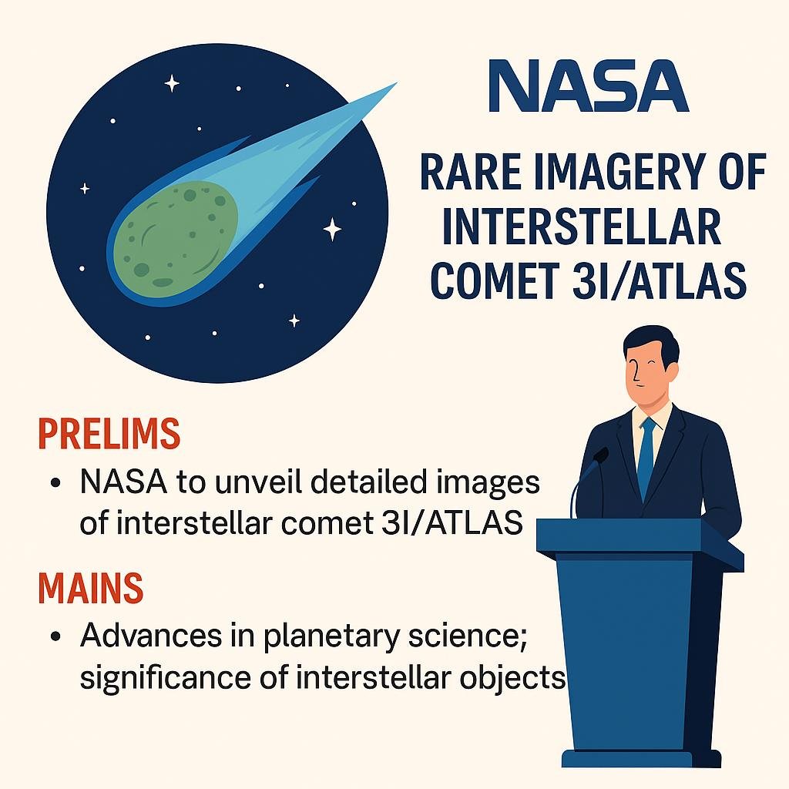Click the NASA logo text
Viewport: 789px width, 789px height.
point(588,85)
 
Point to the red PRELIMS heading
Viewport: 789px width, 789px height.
point(109,433)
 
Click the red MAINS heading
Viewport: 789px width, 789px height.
point(91,587)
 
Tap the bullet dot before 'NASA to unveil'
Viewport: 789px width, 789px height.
point(55,482)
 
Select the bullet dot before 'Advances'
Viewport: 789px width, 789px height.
point(55,636)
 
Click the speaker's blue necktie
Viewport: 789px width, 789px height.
point(646,458)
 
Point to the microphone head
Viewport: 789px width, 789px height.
point(600,455)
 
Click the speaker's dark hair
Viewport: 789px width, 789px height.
point(649,342)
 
